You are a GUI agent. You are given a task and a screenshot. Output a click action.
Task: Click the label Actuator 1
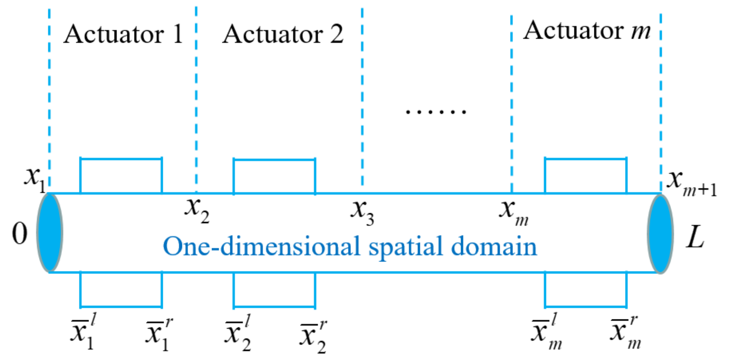point(123,34)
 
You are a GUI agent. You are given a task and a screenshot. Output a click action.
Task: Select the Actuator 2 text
point(283,34)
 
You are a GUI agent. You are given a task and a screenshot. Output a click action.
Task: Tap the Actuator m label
point(587,30)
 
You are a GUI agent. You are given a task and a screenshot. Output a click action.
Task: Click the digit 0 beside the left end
point(20,234)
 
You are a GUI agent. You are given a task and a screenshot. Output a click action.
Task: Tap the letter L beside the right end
point(695,237)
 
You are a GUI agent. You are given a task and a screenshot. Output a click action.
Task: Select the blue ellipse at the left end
point(50,233)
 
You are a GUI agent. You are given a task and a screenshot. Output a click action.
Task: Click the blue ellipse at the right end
point(660,233)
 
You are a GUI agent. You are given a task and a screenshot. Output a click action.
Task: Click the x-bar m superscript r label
point(625,332)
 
